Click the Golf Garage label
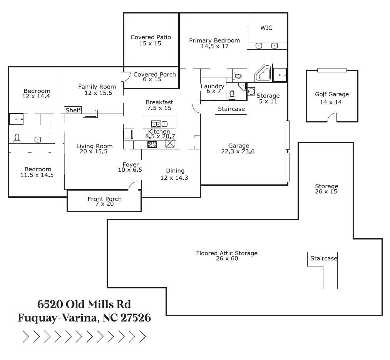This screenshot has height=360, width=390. pos(331,94)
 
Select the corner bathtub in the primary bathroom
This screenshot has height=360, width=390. pos(264,73)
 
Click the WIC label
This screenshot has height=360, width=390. pos(266,28)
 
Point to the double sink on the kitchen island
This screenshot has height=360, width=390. pos(159,124)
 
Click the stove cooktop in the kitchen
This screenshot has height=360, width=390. pos(152,144)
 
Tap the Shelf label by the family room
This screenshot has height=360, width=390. pos(73,111)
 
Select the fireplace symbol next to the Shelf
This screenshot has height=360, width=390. pos(90,113)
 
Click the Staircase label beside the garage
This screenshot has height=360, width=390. pos(231,109)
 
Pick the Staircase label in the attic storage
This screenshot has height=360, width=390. pos(324,258)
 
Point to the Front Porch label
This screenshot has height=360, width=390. pos(104,199)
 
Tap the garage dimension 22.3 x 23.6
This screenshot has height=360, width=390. pos(238,151)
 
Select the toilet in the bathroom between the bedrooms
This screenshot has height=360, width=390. pos(17,139)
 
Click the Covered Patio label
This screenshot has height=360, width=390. pos(151,37)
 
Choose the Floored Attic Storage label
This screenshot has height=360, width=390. pos(227,253)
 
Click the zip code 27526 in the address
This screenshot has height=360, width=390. pos(136,318)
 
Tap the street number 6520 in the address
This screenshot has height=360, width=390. pos(50,304)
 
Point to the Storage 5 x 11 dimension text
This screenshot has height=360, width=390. pos(268,102)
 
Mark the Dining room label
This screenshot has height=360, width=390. pos(175,171)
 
